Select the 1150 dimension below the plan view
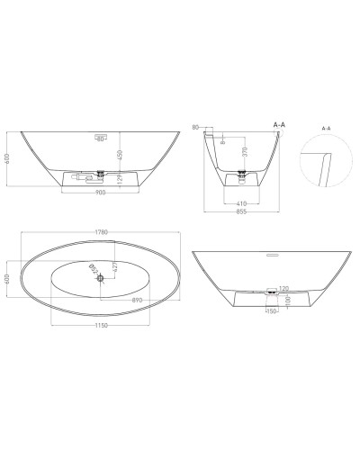point(103,325)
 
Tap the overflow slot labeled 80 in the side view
point(102,138)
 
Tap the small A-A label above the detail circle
point(326,129)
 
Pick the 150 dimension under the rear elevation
point(269,315)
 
